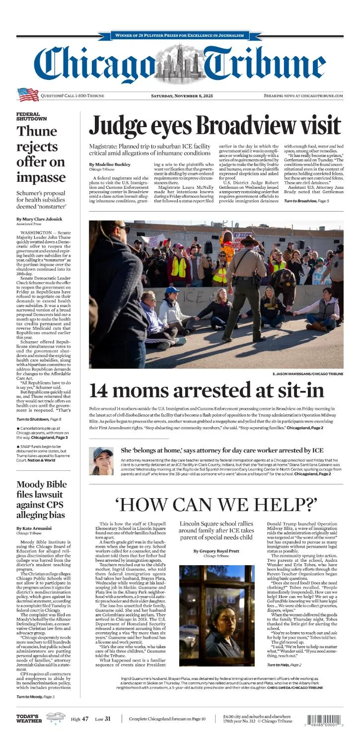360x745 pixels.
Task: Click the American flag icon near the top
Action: pos(28,94)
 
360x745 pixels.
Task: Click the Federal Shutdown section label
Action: pos(31,116)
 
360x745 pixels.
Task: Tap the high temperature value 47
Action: pos(85,719)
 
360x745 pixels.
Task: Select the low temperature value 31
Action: pos(108,719)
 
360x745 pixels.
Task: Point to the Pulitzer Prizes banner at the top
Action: pos(179,35)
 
